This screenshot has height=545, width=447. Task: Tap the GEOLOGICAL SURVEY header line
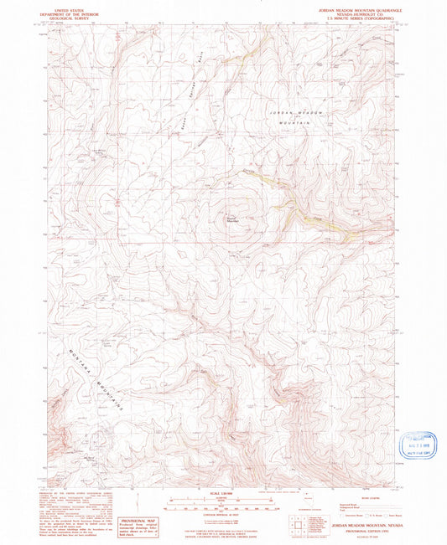coord(70,16)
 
